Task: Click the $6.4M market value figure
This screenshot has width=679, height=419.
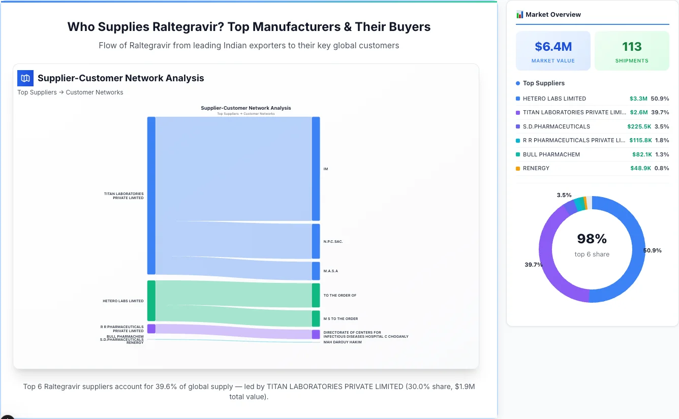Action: pos(553,47)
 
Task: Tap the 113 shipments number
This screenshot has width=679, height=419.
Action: pos(632,47)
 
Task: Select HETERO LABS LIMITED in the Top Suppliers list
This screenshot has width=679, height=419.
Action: pos(554,99)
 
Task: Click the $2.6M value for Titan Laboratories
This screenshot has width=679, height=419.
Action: pos(638,112)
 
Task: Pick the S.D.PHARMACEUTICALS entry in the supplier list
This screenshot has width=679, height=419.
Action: pos(556,126)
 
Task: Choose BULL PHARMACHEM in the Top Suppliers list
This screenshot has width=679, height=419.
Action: pos(551,154)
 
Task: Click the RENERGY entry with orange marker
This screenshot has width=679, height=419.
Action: pos(536,168)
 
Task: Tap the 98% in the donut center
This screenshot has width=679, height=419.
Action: pos(592,239)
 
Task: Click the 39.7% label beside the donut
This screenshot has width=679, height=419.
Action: pos(534,265)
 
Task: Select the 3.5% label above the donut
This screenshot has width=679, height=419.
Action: pos(564,195)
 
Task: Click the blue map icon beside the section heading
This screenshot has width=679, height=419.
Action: pos(25,78)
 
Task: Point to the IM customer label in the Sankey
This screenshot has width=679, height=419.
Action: pos(325,169)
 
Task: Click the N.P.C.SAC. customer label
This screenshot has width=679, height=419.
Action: pos(333,241)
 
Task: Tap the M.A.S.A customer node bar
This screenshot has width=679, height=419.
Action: pos(316,271)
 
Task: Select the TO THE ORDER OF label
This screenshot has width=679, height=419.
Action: pos(339,295)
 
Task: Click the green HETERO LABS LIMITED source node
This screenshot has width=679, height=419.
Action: pos(151,301)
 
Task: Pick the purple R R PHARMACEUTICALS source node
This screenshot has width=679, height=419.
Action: pos(151,329)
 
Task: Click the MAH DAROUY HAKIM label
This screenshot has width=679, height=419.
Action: pos(342,342)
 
